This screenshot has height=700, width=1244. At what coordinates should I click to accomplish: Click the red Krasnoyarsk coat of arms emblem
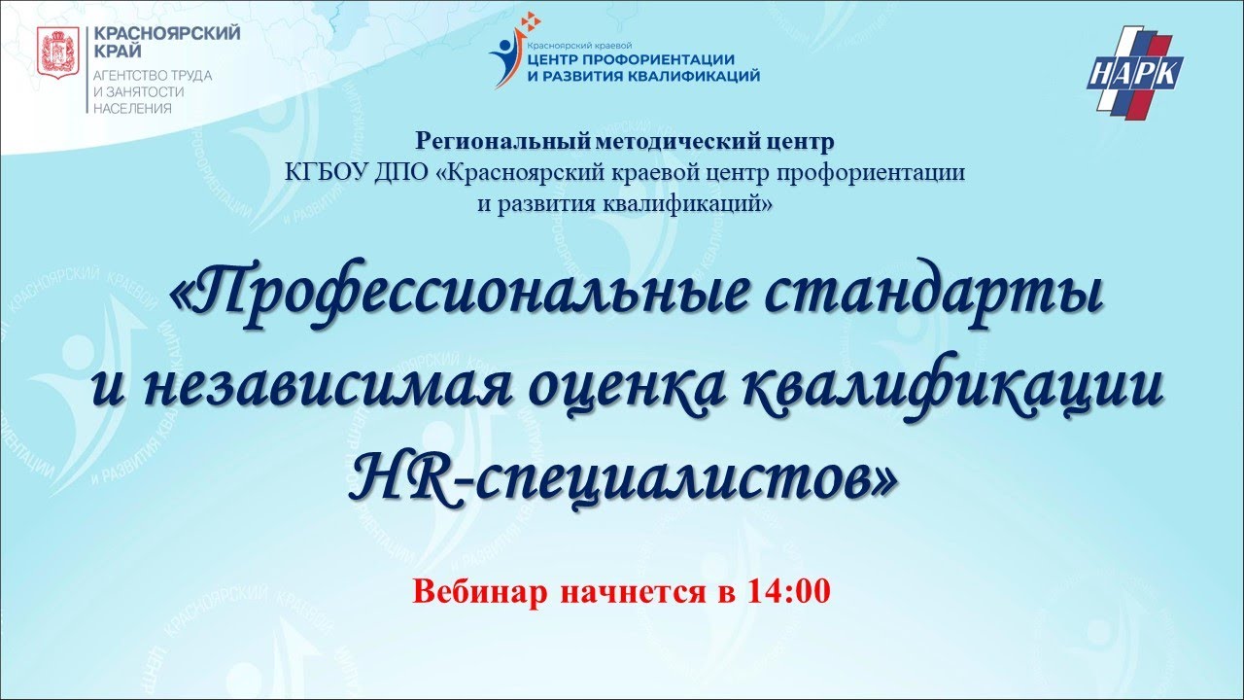point(57,53)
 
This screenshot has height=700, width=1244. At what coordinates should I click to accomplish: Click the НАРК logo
point(1134,72)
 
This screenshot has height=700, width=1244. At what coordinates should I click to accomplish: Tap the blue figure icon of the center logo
point(506,59)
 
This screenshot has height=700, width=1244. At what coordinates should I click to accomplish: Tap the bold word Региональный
point(502,142)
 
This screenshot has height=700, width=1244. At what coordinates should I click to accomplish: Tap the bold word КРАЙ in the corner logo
point(118,52)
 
